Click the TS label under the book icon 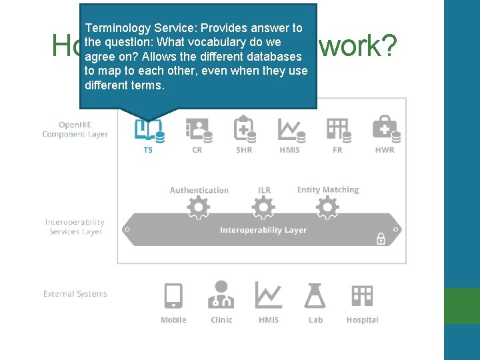pyautogui.click(x=148, y=150)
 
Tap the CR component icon pyautogui.click(x=199, y=129)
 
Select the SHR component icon pyautogui.click(x=245, y=129)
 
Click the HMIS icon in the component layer pyautogui.click(x=291, y=129)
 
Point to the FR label pyautogui.click(x=337, y=150)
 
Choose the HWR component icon pyautogui.click(x=386, y=129)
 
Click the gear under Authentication pyautogui.click(x=199, y=209)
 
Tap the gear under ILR pyautogui.click(x=263, y=209)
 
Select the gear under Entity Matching pyautogui.click(x=327, y=209)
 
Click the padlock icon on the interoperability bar pyautogui.click(x=381, y=238)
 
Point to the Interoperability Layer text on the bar pyautogui.click(x=263, y=230)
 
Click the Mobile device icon pyautogui.click(x=173, y=295)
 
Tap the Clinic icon pyautogui.click(x=221, y=295)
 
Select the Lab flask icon pyautogui.click(x=315, y=295)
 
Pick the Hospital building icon pyautogui.click(x=362, y=295)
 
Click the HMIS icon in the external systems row pyautogui.click(x=268, y=295)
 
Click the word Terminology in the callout pyautogui.click(x=117, y=28)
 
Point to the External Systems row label pyautogui.click(x=75, y=293)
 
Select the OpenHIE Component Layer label pyautogui.click(x=75, y=129)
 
